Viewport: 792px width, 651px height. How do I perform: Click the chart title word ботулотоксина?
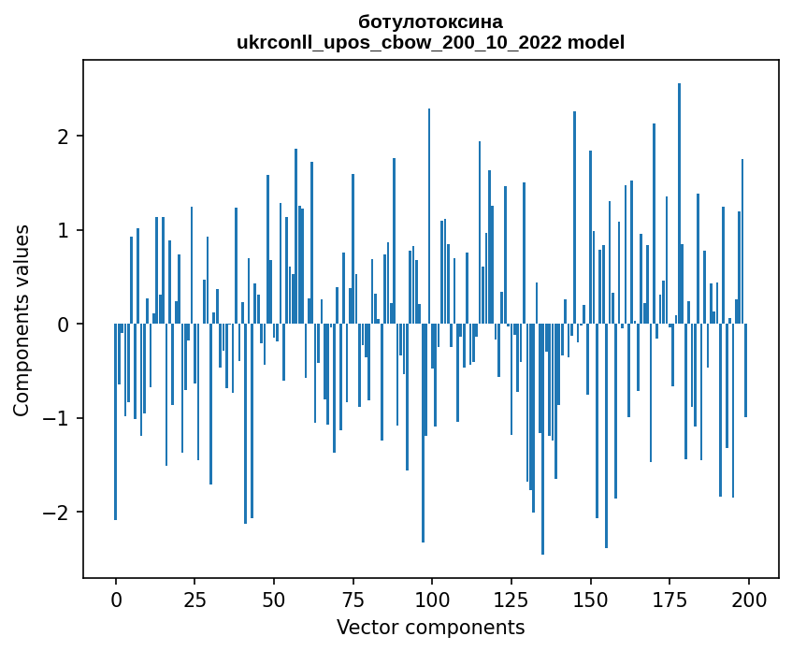430,22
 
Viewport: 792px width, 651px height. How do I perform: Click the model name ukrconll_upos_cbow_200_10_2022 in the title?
405,42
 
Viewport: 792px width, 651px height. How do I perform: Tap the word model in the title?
600,42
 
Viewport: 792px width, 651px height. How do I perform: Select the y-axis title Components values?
22,320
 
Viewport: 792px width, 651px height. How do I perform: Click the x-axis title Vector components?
430,627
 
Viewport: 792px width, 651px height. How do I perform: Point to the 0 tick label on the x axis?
116,598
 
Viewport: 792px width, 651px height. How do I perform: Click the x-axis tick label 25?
194,598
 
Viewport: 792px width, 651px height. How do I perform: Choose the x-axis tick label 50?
274,598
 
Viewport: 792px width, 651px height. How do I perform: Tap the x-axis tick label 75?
353,598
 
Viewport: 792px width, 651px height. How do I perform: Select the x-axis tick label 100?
432,598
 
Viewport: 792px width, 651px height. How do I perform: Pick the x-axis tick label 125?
511,598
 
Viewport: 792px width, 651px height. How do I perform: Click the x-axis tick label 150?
590,598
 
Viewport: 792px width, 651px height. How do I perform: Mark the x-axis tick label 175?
669,598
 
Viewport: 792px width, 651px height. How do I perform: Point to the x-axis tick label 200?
748,598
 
